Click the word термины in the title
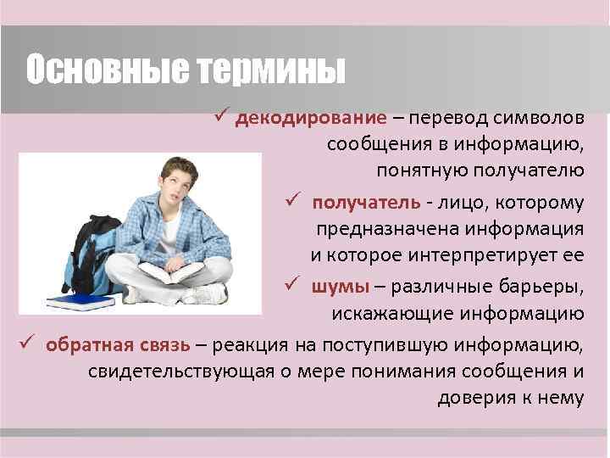click(272, 70)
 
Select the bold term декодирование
click(311, 117)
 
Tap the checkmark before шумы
click(294, 286)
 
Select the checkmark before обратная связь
click(27, 343)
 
